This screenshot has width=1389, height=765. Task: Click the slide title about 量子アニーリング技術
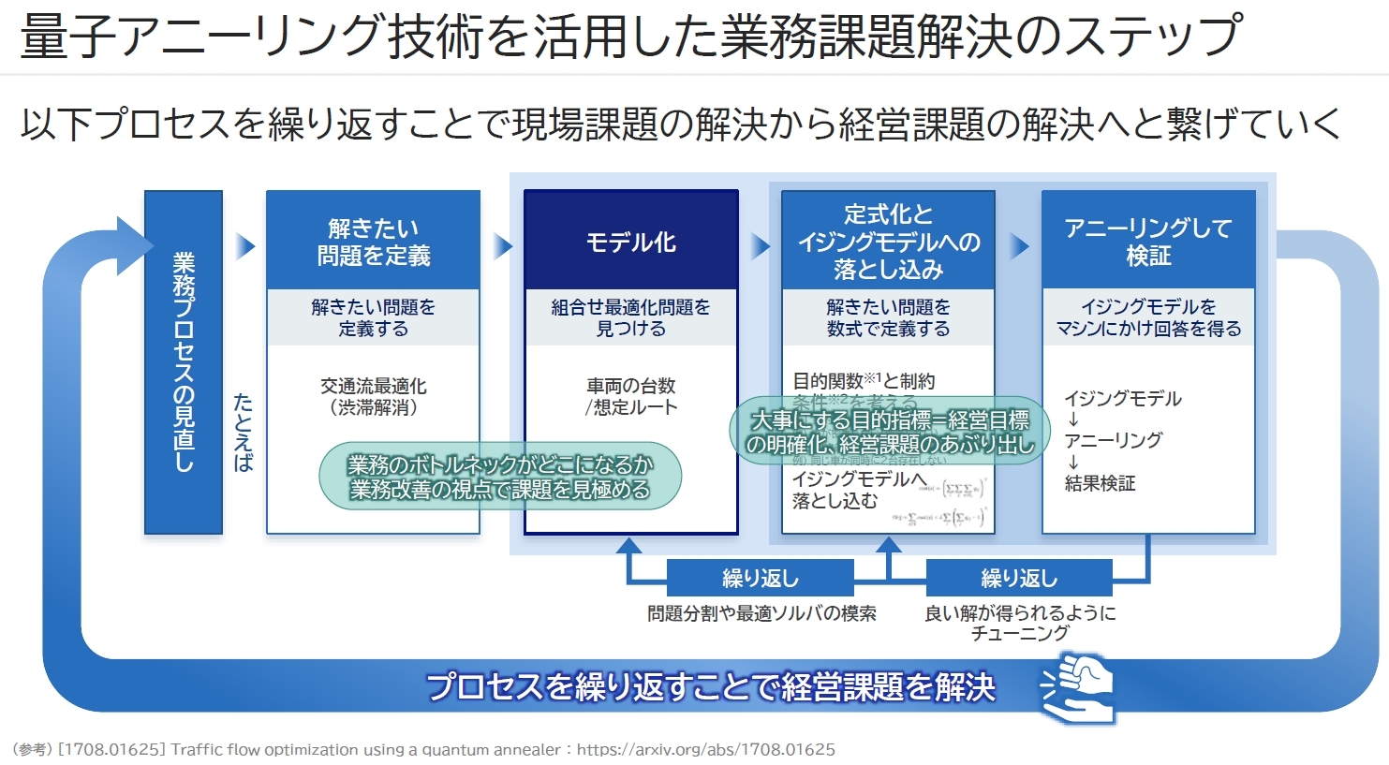629,36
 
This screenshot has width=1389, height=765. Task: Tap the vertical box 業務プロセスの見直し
184,361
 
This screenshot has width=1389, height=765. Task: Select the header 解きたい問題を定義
373,242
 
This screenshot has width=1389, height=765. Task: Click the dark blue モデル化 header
630,243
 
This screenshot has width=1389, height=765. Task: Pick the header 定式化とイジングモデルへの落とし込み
888,242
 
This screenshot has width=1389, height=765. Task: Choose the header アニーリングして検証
1147,242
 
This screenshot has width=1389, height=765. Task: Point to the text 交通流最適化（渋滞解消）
373,397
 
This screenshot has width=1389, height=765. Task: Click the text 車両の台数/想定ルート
630,397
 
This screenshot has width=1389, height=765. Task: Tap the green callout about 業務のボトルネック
500,477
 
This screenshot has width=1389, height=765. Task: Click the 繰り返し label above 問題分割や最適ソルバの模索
760,579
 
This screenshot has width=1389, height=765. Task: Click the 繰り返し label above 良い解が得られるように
1019,579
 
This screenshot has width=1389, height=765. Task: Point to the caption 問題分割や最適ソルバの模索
761,614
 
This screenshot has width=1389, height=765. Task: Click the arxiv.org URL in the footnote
705,749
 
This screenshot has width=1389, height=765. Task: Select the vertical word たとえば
243,432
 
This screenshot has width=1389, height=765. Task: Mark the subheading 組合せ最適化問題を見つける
630,317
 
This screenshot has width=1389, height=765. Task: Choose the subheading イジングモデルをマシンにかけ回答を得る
1147,317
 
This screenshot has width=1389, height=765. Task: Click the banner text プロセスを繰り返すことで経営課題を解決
710,687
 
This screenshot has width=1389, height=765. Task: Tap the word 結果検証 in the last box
1100,483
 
